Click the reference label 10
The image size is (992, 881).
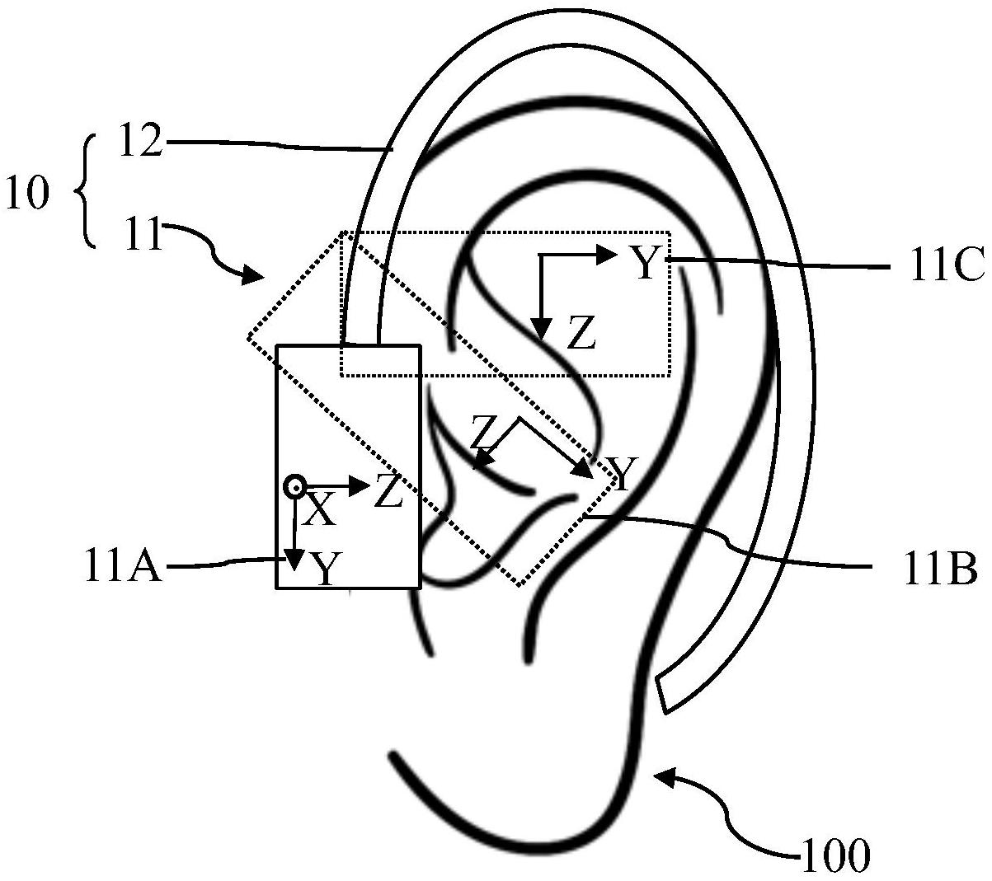(26, 194)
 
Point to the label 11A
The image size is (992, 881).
(123, 568)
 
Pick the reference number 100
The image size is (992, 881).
(835, 855)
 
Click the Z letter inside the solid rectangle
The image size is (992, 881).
(388, 492)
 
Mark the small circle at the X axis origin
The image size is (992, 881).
(294, 487)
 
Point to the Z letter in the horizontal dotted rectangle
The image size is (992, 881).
(581, 335)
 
